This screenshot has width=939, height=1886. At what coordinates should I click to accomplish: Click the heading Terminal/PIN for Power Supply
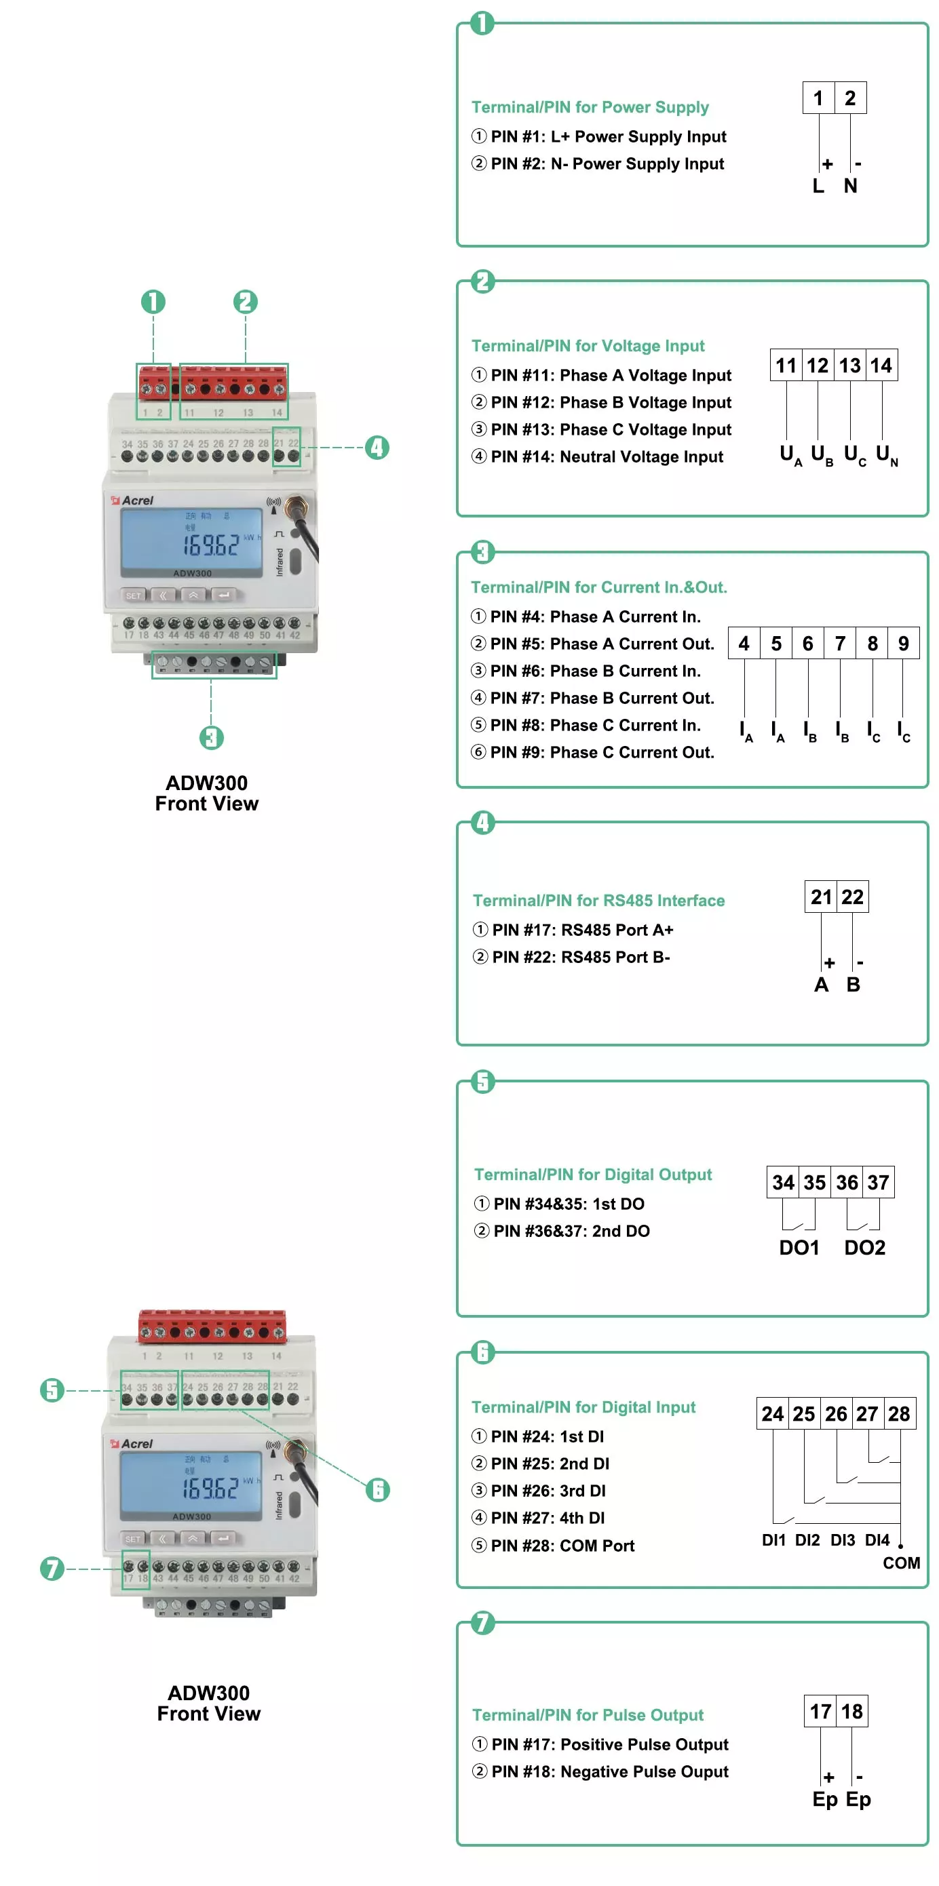click(590, 107)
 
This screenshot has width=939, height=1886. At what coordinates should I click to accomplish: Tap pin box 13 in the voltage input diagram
click(849, 366)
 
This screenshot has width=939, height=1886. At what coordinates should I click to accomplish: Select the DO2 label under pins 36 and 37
click(864, 1248)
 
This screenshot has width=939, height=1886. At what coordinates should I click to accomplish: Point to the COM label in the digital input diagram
click(901, 1563)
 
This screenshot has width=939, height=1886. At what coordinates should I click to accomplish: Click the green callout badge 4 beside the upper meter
click(377, 448)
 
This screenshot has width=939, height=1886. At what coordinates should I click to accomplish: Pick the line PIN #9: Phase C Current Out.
click(592, 752)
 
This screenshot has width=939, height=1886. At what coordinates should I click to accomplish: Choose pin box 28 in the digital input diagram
click(899, 1414)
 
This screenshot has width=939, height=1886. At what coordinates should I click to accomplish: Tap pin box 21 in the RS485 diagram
click(821, 897)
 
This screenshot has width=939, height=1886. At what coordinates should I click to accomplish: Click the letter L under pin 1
click(818, 186)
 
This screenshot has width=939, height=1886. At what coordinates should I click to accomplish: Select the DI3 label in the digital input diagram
click(842, 1539)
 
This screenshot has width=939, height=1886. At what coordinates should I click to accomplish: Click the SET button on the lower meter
click(132, 1539)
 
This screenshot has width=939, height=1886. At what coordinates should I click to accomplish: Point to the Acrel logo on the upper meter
click(132, 500)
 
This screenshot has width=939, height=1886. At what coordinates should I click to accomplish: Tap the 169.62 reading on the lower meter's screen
click(211, 1489)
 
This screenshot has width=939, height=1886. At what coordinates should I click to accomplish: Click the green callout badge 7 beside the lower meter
click(52, 1569)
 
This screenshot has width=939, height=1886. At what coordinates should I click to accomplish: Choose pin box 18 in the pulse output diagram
click(851, 1712)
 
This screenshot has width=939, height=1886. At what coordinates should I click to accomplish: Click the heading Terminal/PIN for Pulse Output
click(588, 1714)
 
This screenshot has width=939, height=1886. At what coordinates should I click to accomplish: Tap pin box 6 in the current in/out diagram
click(807, 644)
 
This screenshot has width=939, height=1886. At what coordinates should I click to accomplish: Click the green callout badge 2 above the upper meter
click(246, 302)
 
